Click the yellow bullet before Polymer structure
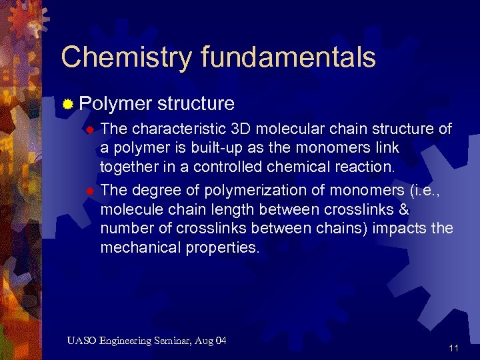(67, 104)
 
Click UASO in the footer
(81, 341)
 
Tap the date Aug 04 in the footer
(211, 341)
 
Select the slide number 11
(454, 348)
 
